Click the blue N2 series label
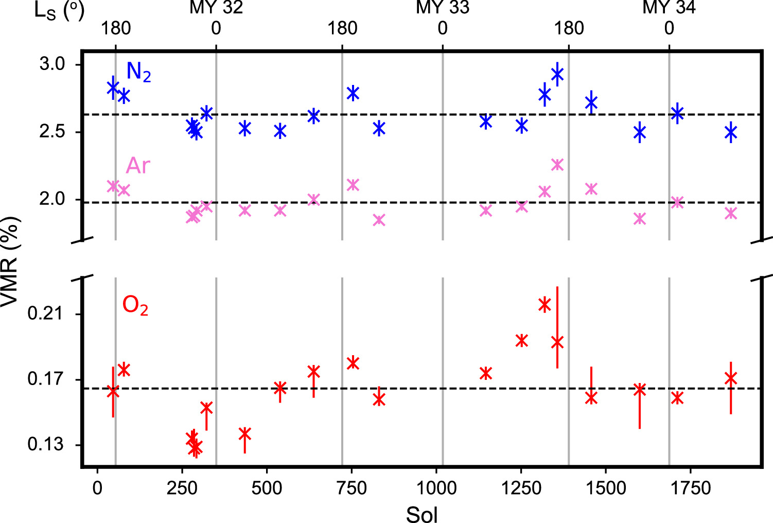coord(138,72)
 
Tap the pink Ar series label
coord(138,166)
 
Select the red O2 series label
coord(135,306)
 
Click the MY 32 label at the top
coord(216,8)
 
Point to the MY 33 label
coord(443,8)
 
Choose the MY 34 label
coord(669,8)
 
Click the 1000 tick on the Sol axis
coord(436,487)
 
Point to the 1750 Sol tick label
coord(690,487)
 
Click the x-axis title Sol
coord(422,514)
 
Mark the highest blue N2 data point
coord(557,75)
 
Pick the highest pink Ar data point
coord(557,165)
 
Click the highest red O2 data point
coord(544,305)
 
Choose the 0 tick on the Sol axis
coord(97,487)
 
